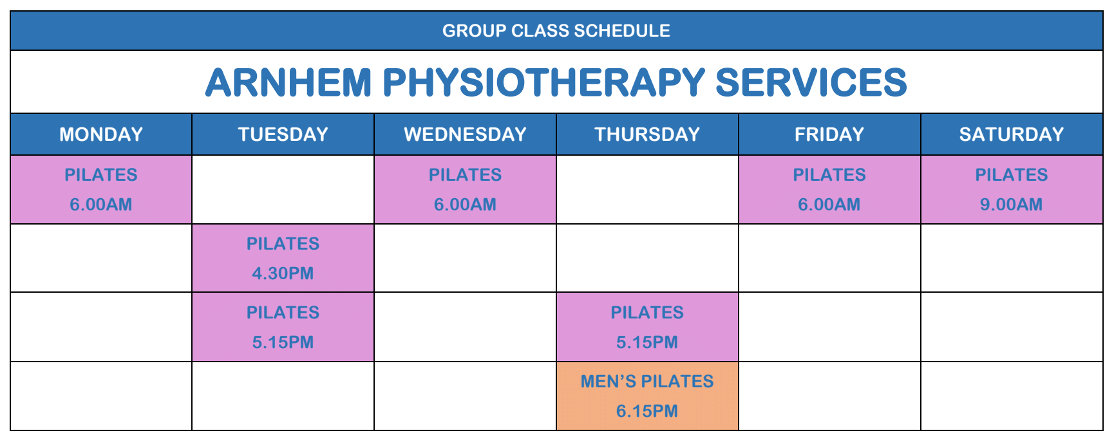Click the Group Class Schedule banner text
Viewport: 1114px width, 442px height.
click(x=556, y=31)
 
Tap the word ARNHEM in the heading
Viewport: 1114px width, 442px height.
click(x=288, y=82)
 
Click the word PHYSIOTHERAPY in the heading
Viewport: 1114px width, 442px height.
click(x=544, y=82)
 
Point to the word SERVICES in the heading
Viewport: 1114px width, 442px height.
click(x=811, y=82)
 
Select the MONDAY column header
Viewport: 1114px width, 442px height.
click(x=101, y=134)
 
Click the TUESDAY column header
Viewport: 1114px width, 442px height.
click(x=283, y=134)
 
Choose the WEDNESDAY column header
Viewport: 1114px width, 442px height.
click(x=466, y=134)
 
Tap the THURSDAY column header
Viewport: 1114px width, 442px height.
click(x=647, y=134)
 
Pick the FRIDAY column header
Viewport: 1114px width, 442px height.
click(x=829, y=134)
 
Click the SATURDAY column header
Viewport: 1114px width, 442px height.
click(x=1012, y=134)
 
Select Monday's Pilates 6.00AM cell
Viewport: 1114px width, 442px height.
click(x=101, y=190)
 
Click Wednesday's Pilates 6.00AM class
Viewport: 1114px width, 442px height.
click(x=466, y=190)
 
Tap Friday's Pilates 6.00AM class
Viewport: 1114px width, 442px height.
click(x=829, y=190)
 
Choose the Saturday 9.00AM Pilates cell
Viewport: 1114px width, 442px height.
click(x=1012, y=190)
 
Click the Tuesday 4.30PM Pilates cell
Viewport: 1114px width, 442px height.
click(x=283, y=258)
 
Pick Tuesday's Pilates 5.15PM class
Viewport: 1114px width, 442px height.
click(x=283, y=327)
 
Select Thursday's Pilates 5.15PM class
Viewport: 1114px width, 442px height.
click(x=647, y=327)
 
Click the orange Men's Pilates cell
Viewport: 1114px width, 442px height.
click(x=647, y=396)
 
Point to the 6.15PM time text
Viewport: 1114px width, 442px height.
click(x=647, y=411)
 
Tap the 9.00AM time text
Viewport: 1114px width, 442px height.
click(x=1012, y=205)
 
